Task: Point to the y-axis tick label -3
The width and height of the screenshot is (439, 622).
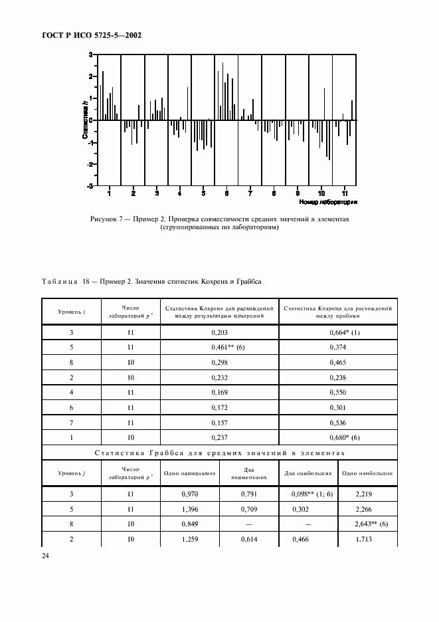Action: click(90, 186)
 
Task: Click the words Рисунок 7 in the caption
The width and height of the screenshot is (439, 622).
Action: click(106, 219)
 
